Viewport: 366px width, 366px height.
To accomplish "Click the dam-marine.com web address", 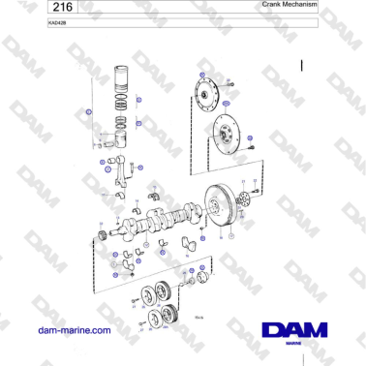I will point(74,330).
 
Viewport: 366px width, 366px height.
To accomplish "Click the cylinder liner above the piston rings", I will point(124,76).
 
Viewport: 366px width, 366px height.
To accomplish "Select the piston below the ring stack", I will point(123,138).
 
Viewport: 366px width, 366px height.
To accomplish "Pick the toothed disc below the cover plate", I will point(226,135).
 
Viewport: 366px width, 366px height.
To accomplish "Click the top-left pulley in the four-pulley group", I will point(149,291).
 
